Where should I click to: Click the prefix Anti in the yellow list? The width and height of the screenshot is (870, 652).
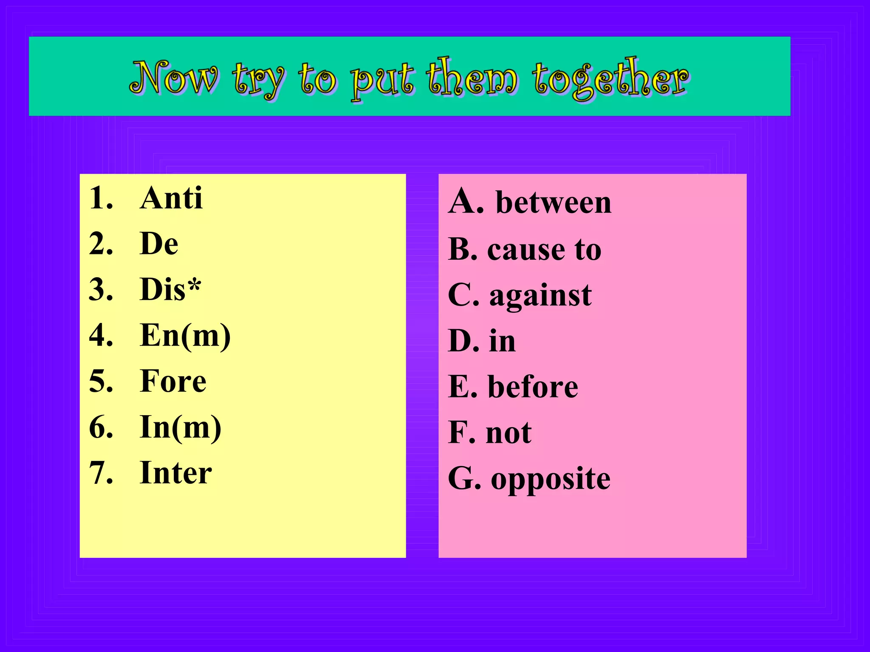[x=171, y=198]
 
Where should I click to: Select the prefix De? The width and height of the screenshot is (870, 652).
[x=159, y=244]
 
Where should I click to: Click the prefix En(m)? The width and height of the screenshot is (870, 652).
[x=185, y=336]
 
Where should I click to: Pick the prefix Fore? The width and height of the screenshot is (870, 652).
[x=173, y=381]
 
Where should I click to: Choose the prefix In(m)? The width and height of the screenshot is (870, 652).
[x=180, y=427]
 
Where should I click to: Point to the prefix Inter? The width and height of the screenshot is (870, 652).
[x=175, y=473]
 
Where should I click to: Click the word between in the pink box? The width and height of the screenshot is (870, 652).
[x=553, y=202]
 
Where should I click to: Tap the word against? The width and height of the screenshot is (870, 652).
[x=540, y=296]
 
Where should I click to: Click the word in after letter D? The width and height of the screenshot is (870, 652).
[x=502, y=341]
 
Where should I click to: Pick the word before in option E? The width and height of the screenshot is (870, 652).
[x=533, y=387]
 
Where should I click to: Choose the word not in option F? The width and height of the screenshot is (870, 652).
[x=508, y=433]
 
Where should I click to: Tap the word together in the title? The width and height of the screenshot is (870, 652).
[x=610, y=79]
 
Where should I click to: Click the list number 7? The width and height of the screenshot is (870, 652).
[x=101, y=473]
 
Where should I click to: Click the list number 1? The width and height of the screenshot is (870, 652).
[x=101, y=198]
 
